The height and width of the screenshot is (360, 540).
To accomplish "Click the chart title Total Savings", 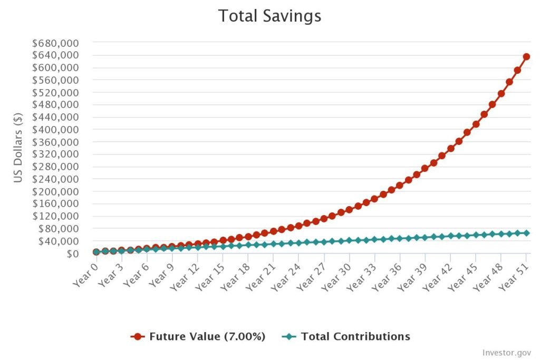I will [269, 16].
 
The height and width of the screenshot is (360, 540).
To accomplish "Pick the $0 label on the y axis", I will [71, 254].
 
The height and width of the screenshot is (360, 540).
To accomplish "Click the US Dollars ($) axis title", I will [19, 148].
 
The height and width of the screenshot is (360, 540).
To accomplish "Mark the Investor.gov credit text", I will [507, 352].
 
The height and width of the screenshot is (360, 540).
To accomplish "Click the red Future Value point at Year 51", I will [526, 56].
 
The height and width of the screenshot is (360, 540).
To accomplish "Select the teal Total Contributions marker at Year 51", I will [526, 233].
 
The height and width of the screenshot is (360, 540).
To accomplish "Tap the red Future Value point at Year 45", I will [476, 124].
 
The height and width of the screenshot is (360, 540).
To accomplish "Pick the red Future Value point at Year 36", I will [400, 185].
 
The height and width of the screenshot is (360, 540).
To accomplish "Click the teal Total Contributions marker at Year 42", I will [450, 236].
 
